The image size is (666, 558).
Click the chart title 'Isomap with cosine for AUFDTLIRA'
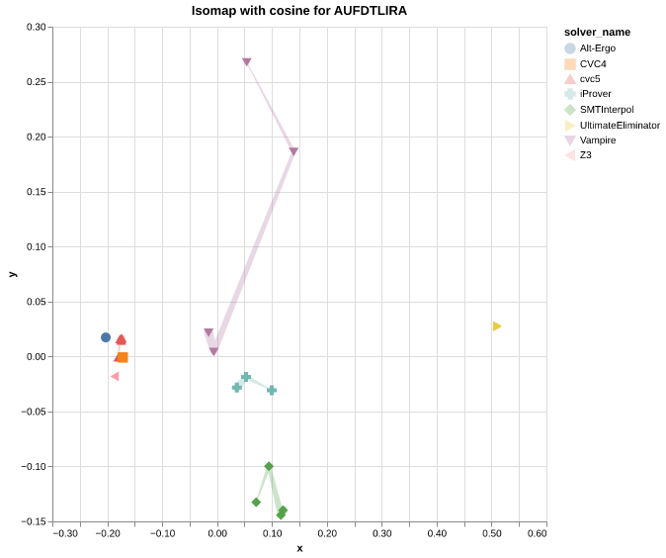click(298, 11)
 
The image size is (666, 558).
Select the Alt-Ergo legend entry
click(597, 47)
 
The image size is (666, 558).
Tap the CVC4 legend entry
click(593, 63)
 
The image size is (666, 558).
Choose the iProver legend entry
click(595, 94)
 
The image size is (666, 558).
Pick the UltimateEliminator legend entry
click(620, 125)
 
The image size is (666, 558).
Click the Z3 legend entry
click(585, 155)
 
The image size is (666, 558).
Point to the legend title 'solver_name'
click(597, 32)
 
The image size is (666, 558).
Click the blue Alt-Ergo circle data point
click(106, 337)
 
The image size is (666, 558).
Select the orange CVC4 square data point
click(123, 357)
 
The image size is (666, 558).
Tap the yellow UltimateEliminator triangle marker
click(497, 326)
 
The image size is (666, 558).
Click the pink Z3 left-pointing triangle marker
click(115, 376)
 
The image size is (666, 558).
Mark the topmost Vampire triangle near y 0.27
click(247, 62)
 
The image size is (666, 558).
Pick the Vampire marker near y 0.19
click(293, 151)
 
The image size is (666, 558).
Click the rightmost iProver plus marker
click(272, 391)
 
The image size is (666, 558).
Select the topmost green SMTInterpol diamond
click(269, 466)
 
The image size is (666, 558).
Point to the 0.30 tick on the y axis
click(36, 28)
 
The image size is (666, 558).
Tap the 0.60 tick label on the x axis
click(537, 533)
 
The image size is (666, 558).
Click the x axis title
click(299, 548)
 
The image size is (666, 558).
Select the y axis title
click(12, 274)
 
